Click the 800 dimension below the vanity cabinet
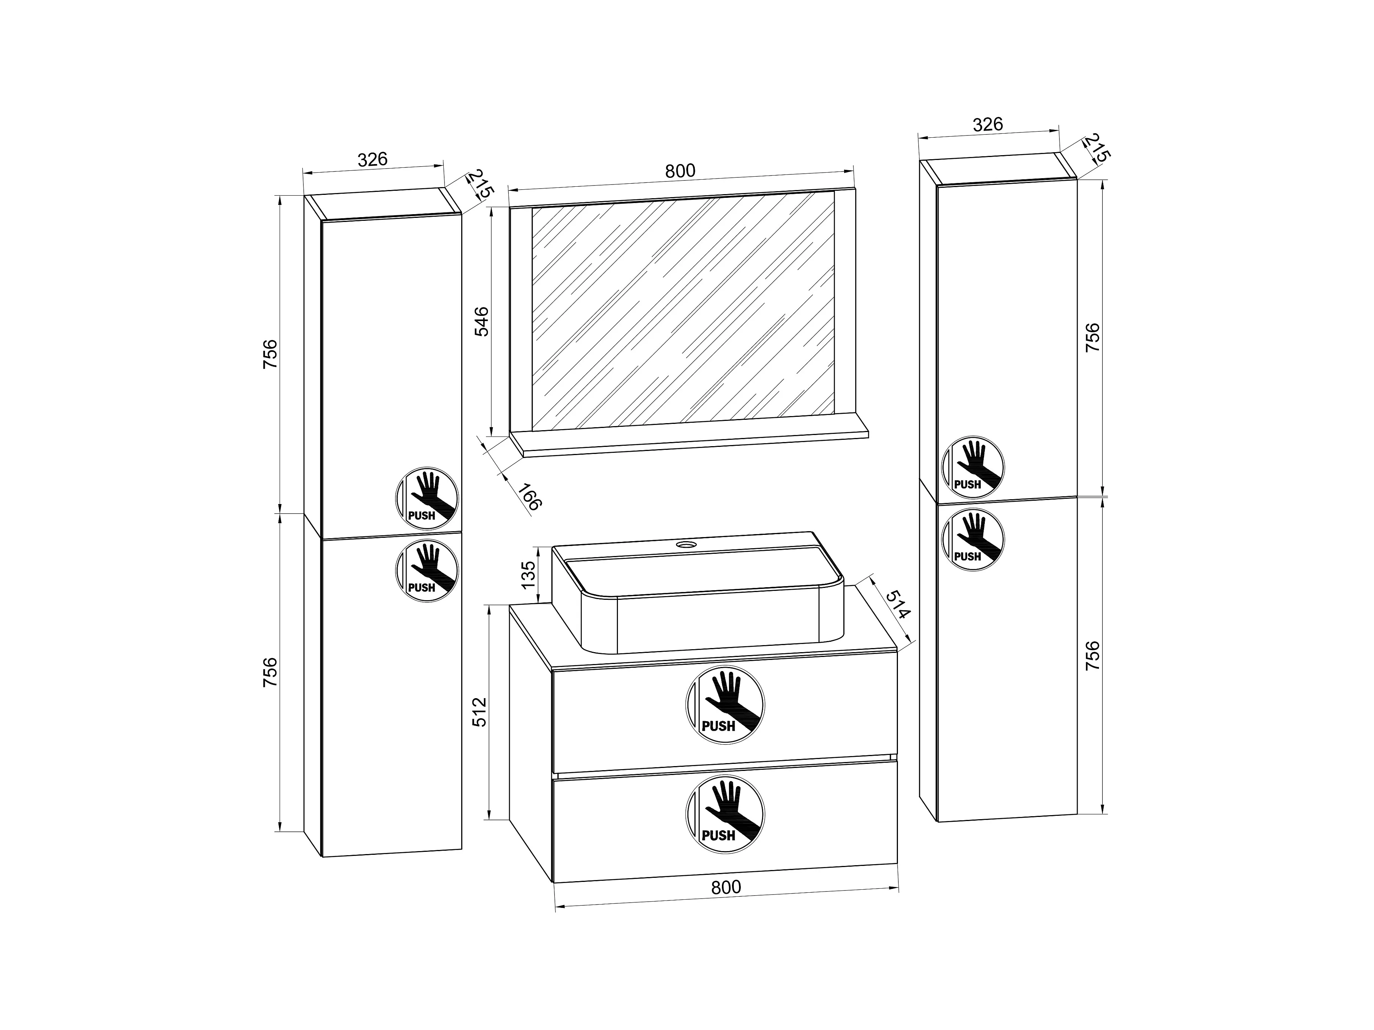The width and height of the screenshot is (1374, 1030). pos(726,887)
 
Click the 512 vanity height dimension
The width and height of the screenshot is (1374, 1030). pos(479,712)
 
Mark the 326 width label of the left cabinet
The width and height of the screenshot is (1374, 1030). pos(373,160)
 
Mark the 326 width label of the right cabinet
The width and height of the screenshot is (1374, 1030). pos(988,125)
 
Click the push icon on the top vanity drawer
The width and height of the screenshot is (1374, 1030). pos(725,705)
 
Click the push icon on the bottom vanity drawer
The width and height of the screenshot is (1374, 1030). pos(725,814)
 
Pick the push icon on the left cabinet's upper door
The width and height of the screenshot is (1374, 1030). pos(427,498)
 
